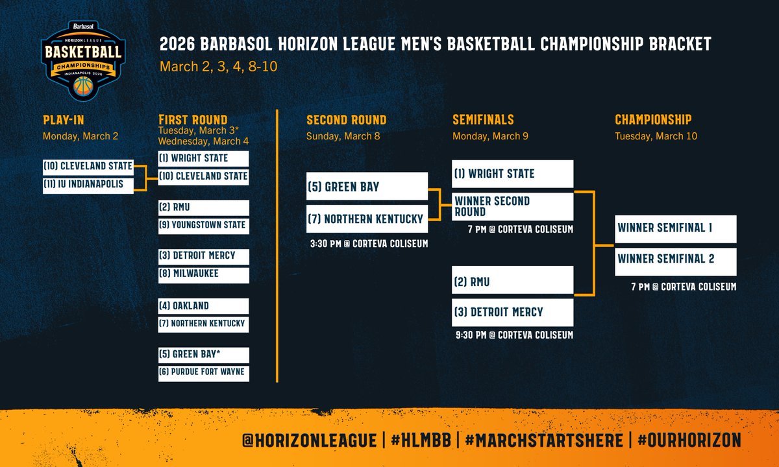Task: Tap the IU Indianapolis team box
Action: click(x=88, y=184)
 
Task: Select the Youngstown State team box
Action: click(x=203, y=225)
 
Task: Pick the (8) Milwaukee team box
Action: click(x=203, y=274)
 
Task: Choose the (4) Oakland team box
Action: click(x=203, y=306)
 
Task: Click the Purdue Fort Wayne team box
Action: click(x=203, y=372)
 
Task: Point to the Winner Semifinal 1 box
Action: click(x=675, y=228)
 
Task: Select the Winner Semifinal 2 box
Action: click(x=675, y=259)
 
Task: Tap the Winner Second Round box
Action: click(x=513, y=206)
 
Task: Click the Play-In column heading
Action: click(x=64, y=120)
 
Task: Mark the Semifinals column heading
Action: click(x=483, y=120)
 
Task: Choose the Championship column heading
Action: click(x=653, y=120)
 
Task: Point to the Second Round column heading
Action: click(x=346, y=120)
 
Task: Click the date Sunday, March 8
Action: click(x=343, y=136)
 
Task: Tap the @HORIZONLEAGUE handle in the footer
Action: click(x=309, y=440)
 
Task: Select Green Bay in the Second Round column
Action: click(x=367, y=187)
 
